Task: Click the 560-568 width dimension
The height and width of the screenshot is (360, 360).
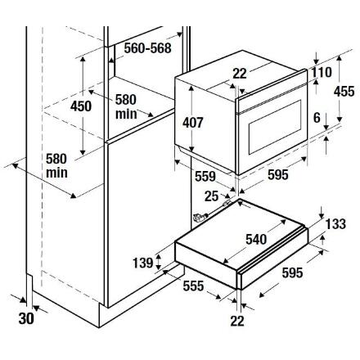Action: click(x=147, y=48)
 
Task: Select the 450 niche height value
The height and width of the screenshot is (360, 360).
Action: click(x=81, y=106)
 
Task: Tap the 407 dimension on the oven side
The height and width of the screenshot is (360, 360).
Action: click(x=193, y=123)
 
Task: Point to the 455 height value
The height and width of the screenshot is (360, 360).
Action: click(x=344, y=91)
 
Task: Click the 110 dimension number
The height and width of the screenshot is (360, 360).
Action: click(x=322, y=72)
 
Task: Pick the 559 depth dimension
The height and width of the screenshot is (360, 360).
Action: click(x=205, y=177)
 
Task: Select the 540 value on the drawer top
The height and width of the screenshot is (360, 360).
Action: click(x=256, y=240)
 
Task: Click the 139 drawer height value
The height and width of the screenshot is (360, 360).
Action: click(x=143, y=263)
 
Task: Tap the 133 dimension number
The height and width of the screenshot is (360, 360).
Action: click(x=335, y=224)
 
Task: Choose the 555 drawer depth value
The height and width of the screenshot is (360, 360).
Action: click(x=193, y=286)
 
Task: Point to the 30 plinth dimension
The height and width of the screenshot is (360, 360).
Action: click(x=26, y=318)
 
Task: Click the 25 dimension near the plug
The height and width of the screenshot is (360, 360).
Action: click(x=212, y=196)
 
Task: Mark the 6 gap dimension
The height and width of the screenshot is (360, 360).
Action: click(x=317, y=118)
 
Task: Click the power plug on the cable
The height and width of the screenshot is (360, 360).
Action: click(x=199, y=218)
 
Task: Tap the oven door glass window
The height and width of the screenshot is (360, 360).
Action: click(x=275, y=127)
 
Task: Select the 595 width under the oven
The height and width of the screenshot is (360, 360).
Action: click(x=278, y=175)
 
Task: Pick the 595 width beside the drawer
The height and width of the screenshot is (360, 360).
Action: click(x=292, y=272)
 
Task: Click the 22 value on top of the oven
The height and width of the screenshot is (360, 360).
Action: click(x=240, y=74)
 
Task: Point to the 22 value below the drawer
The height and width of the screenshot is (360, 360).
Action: click(x=237, y=321)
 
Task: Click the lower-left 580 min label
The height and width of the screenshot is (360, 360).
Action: click(x=56, y=166)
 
